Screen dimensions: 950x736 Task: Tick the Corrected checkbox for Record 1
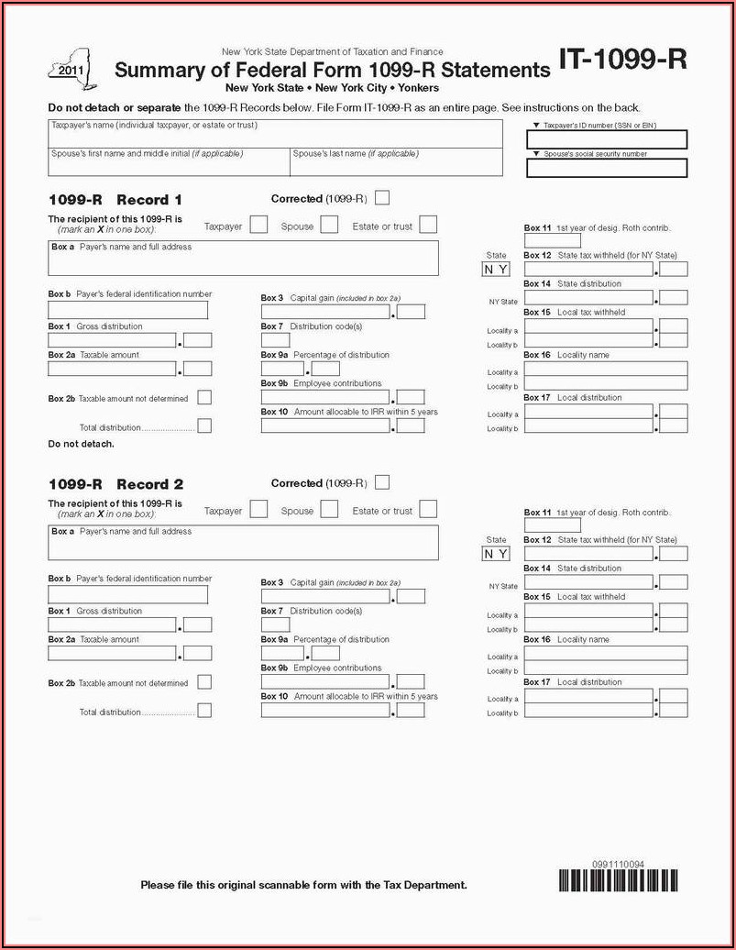click(x=382, y=197)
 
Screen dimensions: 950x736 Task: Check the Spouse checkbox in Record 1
click(x=329, y=225)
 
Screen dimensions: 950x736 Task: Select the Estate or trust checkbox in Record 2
click(x=428, y=509)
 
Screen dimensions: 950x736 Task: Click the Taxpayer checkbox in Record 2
click(x=259, y=509)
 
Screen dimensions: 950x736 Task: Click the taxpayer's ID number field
click(x=607, y=139)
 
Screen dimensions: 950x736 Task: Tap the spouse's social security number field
click(x=607, y=168)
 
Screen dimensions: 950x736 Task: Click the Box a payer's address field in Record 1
click(x=243, y=259)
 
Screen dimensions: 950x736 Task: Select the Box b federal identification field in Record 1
click(x=127, y=310)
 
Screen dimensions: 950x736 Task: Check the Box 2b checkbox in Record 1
click(x=204, y=397)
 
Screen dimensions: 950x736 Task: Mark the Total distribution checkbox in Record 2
click(x=204, y=710)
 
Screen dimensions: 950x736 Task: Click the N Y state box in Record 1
click(x=496, y=270)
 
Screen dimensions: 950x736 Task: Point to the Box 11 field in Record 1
click(x=539, y=241)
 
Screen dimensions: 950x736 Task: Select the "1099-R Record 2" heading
click(x=115, y=484)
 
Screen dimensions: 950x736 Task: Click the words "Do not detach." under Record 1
click(x=81, y=444)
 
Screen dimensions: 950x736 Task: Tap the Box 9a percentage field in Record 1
click(x=281, y=369)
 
